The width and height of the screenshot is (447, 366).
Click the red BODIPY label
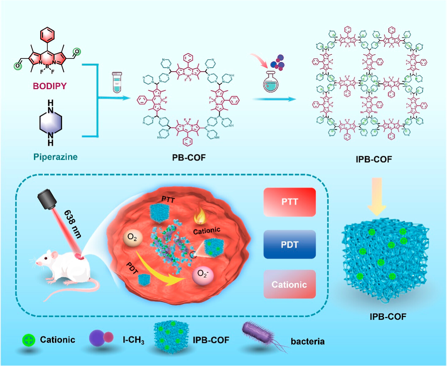[x=50, y=86]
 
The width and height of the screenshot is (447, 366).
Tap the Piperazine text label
[x=55, y=157]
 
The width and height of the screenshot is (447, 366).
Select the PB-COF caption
[x=189, y=157]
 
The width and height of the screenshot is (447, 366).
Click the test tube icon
[x=117, y=82]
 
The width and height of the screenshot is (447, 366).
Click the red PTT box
[x=289, y=202]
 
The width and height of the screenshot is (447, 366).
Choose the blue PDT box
[x=289, y=245]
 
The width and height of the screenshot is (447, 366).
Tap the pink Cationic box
[x=289, y=284]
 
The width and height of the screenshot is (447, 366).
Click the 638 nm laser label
[x=73, y=224]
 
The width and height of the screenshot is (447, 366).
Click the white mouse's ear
[x=54, y=255]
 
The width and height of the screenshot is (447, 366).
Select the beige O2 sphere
[x=132, y=237]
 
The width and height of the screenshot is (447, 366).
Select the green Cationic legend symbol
[x=29, y=340]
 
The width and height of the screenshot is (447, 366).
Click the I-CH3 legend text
[x=133, y=340]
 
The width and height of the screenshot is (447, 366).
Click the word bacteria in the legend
[x=308, y=341]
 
